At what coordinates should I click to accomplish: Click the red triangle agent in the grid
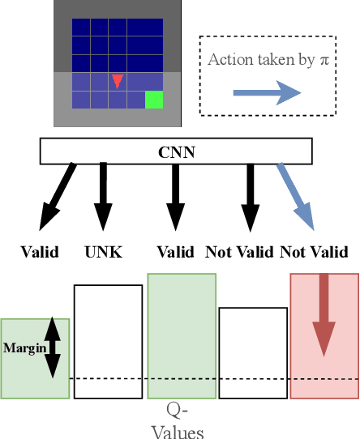[118, 80]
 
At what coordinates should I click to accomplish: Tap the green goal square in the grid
[154, 100]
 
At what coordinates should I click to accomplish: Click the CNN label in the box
[175, 151]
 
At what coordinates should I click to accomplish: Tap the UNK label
[104, 252]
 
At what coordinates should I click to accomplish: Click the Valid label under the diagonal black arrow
[40, 252]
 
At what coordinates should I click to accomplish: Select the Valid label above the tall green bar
[175, 252]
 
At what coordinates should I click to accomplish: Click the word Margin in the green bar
[24, 348]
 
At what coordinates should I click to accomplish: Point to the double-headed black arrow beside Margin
[52, 347]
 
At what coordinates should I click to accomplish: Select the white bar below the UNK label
[108, 340]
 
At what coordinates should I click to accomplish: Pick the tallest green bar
[182, 336]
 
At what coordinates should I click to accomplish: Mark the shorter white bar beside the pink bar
[253, 352]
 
